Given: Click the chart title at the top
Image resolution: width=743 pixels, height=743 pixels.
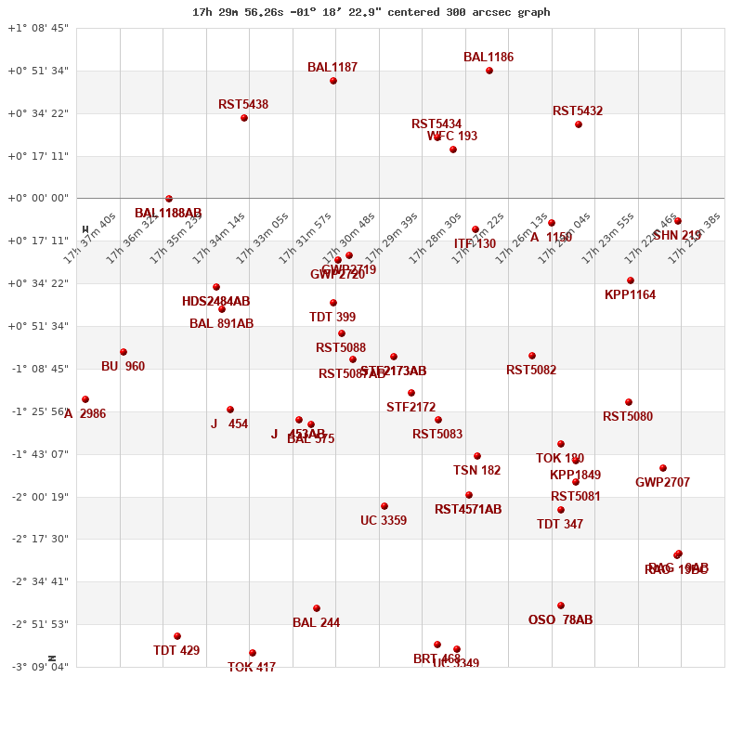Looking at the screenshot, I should pos(371,12).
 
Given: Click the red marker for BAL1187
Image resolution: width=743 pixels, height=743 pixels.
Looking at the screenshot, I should pos(333,81).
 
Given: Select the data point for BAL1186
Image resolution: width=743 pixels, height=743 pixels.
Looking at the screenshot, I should pos(489,71).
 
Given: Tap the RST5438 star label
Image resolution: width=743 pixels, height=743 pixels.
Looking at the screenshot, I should pos(243,105).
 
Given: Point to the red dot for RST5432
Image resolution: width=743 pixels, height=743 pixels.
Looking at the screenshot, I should pos(579,124).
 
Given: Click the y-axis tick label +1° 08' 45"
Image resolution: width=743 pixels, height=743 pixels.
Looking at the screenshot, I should pos(38,28).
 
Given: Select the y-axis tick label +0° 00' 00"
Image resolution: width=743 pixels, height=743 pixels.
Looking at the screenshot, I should pos(38,198).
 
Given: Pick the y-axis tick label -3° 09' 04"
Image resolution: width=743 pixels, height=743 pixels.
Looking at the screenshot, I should pos(38,666).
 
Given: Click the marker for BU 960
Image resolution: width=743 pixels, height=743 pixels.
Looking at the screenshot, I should pos(124,352).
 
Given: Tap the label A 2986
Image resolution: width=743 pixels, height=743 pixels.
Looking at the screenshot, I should pos(85,414).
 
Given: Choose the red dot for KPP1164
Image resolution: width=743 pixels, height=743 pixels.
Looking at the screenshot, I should pos(631,280).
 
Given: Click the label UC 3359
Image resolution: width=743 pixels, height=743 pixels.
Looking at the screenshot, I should pos(384,521).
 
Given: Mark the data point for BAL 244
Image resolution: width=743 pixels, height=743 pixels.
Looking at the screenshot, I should pos(317,608).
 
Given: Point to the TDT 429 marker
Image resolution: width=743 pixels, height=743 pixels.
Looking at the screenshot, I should pos(177,636).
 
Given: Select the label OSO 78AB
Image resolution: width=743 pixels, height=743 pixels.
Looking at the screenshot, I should pos(560,620).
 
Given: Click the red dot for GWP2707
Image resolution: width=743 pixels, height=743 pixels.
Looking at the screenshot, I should pos(663,468).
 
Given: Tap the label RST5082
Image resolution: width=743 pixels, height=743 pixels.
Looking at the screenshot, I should pos(531,371).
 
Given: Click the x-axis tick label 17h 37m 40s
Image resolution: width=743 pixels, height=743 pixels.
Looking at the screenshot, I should pos(89,238).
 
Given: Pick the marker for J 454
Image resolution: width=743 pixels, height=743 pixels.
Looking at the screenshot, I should pos(230,410).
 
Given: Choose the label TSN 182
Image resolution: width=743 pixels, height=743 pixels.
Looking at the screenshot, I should pos(476,471).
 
